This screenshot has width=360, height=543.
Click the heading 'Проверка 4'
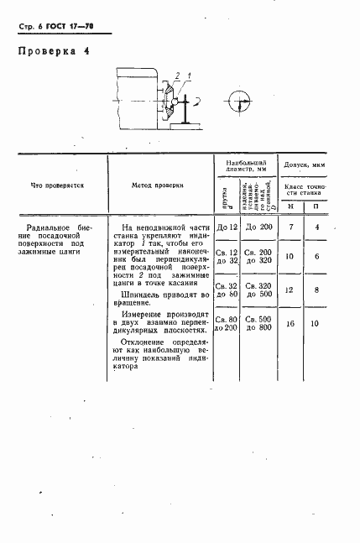[52, 51]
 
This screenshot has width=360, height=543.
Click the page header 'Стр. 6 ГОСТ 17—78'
[55, 26]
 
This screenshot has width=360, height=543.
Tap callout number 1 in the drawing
[190, 77]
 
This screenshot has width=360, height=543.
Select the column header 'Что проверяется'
[57, 185]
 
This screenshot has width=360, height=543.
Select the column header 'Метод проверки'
[159, 185]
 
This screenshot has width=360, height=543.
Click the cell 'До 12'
[228, 227]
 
